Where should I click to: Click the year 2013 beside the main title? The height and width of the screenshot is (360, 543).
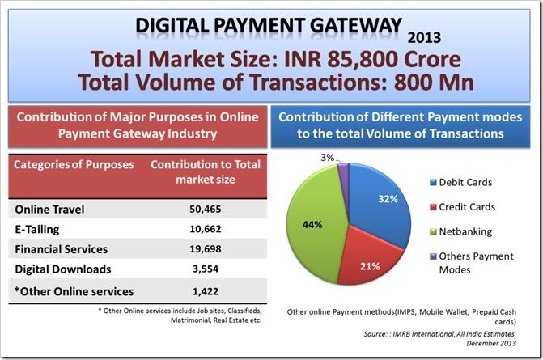click(424, 38)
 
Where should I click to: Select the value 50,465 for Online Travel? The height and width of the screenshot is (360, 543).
click(206, 209)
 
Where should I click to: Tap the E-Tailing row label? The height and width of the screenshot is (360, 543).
click(37, 230)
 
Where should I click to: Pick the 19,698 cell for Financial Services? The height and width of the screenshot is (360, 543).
click(206, 249)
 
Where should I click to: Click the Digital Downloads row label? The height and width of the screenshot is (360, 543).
click(63, 269)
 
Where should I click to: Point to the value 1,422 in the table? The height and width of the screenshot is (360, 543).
click(206, 291)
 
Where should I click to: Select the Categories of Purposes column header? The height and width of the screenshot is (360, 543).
click(74, 164)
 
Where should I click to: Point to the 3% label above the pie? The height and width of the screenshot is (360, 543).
click(327, 158)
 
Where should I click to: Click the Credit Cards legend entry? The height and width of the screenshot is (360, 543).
click(463, 207)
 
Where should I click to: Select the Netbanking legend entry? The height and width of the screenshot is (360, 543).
click(461, 231)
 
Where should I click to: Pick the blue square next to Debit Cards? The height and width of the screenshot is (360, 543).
click(433, 182)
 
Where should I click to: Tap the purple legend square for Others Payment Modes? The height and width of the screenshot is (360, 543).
click(433, 256)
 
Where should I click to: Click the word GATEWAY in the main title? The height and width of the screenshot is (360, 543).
click(355, 25)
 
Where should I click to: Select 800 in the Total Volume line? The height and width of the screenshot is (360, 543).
click(411, 83)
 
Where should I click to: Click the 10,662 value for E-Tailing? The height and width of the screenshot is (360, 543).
click(206, 229)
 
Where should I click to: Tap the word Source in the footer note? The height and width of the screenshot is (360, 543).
click(375, 334)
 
